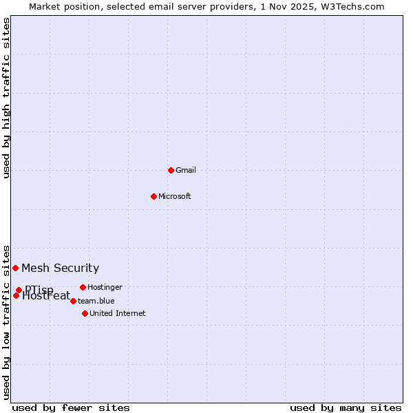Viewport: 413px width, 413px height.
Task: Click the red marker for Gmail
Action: point(171,170)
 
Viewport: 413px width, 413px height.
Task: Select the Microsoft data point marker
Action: point(154,196)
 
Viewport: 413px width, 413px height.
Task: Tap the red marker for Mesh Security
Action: point(15,268)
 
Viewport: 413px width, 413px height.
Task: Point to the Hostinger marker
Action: point(83,287)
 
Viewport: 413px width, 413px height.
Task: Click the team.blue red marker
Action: point(73,301)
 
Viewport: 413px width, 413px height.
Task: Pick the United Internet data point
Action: point(85,313)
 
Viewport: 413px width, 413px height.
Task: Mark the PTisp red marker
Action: point(19,290)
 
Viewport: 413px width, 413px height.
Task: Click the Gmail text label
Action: point(186,170)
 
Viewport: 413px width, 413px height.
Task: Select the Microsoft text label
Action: point(175,196)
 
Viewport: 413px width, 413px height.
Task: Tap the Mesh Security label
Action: point(61,268)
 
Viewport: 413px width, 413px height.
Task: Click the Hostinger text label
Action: point(105,287)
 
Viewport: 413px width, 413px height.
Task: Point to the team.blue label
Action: point(96,301)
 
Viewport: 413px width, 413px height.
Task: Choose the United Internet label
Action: point(118,313)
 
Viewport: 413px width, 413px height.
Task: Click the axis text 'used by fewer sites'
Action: point(71,407)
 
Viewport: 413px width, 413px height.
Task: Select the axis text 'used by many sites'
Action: point(346,407)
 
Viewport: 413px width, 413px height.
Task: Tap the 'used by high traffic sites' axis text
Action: point(7,98)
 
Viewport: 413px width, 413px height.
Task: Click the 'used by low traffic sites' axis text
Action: point(7,321)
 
